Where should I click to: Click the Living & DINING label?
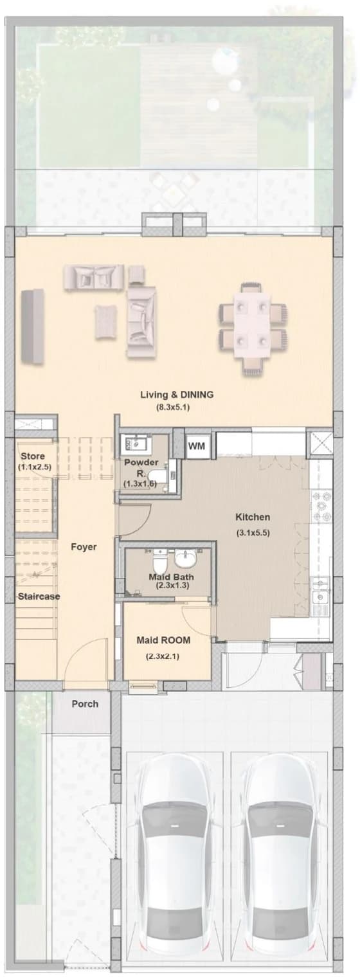[x=177, y=395]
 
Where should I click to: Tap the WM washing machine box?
[x=196, y=447]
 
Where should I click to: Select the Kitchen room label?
[x=253, y=517]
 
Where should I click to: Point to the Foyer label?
[x=84, y=547]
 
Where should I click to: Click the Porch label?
[x=85, y=704]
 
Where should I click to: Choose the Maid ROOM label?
[x=163, y=640]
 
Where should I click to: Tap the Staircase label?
[x=39, y=596]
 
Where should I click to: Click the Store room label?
[x=33, y=456]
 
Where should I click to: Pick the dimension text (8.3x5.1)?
[x=174, y=408]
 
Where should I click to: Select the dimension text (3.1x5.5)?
[x=253, y=533]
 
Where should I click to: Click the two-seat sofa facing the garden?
[x=93, y=276]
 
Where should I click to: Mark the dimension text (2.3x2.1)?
[x=163, y=656]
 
